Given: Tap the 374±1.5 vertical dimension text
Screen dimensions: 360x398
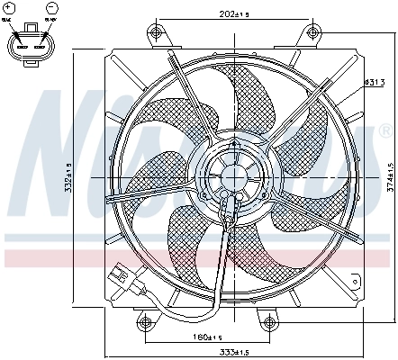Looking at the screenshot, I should point(390,178).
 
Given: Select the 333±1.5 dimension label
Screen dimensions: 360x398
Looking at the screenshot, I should point(240,351).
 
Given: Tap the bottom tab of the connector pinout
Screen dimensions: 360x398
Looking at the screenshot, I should point(31,65).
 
